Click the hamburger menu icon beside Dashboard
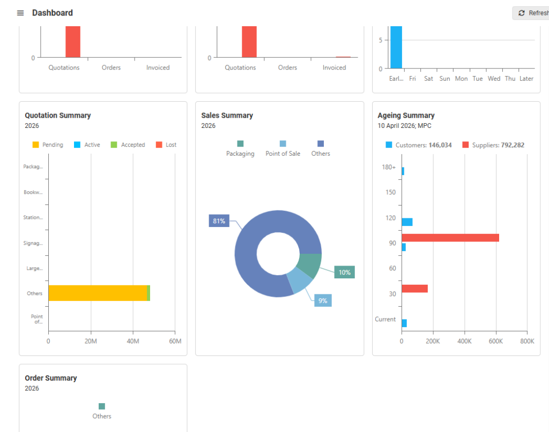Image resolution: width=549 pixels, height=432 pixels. coord(20,13)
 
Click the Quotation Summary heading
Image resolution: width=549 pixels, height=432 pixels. coord(57,115)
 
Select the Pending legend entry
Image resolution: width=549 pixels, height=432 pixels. coord(48,145)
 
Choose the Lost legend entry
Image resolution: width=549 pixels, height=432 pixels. coord(166,145)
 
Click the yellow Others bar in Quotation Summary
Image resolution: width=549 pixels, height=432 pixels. coord(97,293)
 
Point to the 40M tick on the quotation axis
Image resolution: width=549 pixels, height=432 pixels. coord(133,342)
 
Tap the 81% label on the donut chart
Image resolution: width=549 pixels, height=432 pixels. coord(219,221)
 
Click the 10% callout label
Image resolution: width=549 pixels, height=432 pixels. coord(344,272)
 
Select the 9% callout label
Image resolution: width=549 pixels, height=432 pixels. coord(323,301)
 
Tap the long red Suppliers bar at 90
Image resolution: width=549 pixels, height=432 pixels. coord(450,238)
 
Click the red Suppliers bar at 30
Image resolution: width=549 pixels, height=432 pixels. coord(414,289)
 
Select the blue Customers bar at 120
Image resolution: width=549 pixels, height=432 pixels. coord(407,222)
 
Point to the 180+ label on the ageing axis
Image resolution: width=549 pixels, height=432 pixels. coord(389,167)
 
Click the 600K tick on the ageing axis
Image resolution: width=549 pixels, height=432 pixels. coord(496,341)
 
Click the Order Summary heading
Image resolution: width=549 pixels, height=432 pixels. coord(50,378)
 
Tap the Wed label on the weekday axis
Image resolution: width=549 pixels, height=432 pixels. coord(494,79)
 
